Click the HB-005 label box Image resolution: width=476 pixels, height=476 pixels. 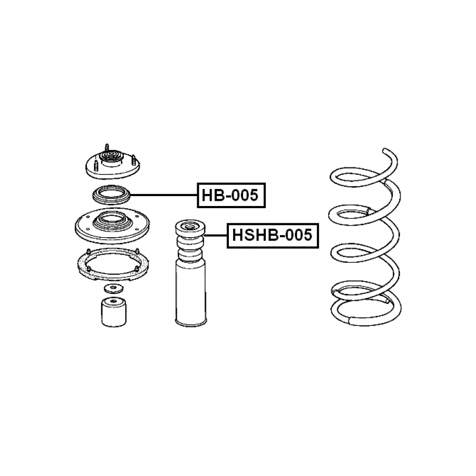231,195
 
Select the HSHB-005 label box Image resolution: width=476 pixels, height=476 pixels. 273,236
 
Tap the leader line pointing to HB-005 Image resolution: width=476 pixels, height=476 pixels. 164,195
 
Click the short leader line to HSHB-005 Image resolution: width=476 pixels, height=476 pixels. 216,236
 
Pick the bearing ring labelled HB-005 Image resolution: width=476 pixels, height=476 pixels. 111,195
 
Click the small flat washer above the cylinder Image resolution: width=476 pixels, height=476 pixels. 114,289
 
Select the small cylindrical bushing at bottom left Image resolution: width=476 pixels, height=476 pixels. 114,312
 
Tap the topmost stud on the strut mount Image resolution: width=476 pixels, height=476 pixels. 107,148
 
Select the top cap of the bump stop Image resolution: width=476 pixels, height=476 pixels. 190,227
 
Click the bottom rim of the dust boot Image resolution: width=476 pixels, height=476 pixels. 191,323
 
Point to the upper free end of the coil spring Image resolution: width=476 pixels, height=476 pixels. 385,150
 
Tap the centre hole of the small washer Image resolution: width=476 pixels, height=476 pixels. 113,287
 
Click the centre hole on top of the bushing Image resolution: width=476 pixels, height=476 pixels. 113,301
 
